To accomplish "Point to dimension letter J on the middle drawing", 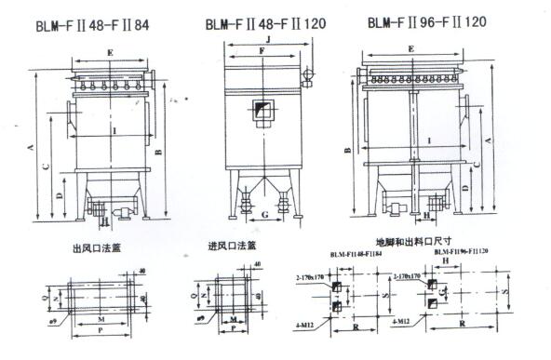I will pyautogui.click(x=268, y=40).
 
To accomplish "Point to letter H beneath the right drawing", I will pyautogui.click(x=426, y=215).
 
